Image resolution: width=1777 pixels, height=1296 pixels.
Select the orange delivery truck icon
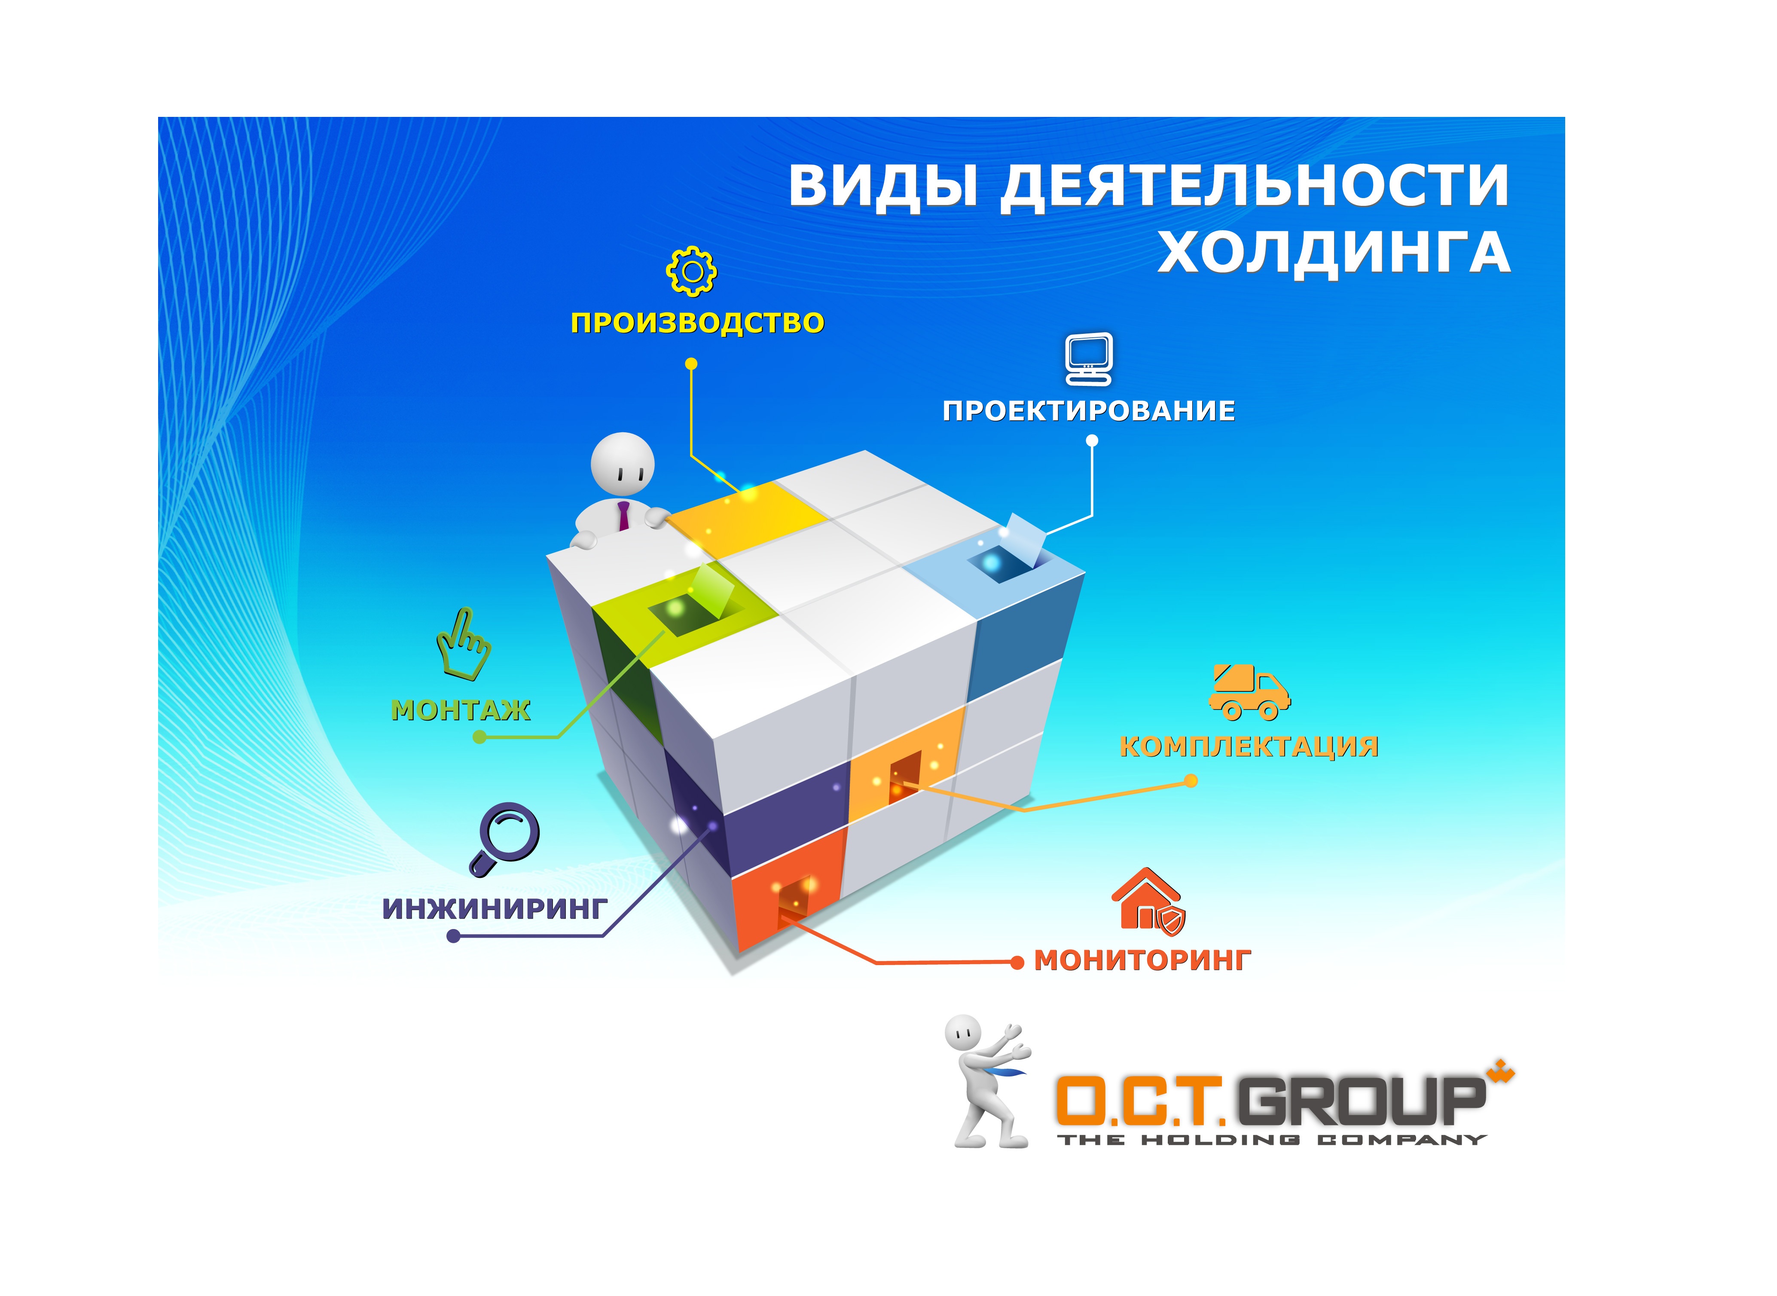click(x=1249, y=692)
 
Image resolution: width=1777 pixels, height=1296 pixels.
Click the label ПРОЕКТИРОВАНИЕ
click(x=1088, y=411)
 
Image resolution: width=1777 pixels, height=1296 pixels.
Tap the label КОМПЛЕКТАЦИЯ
click(x=1249, y=746)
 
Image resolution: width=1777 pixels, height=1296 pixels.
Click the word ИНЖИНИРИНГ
click(x=495, y=908)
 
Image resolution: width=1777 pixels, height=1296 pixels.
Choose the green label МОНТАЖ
click(x=461, y=710)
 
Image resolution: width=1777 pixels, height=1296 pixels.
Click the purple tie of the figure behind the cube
click(x=623, y=515)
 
